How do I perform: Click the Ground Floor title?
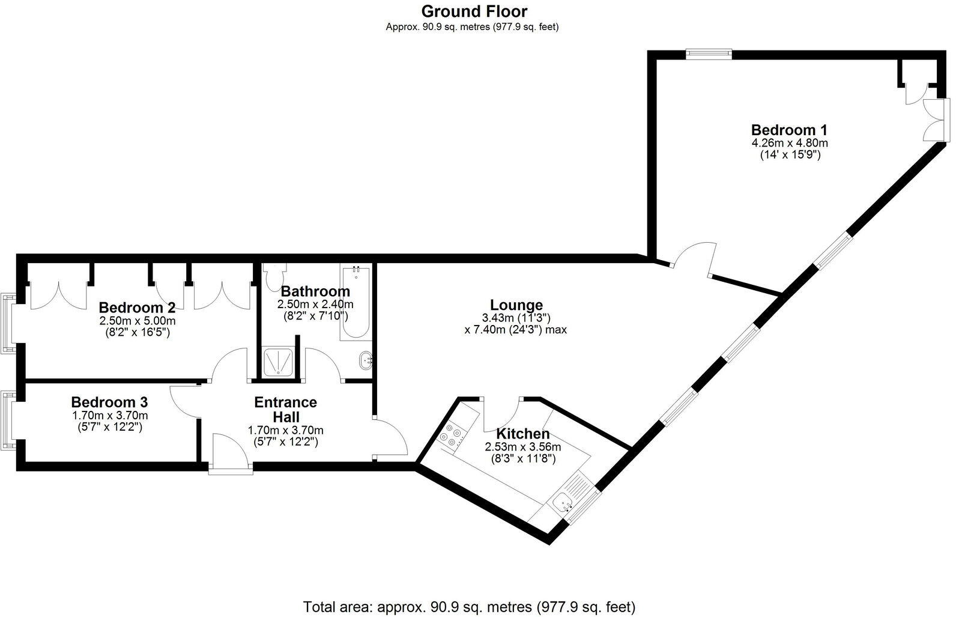click(474, 11)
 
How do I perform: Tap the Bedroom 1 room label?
click(789, 130)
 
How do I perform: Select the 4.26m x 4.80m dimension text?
click(789, 143)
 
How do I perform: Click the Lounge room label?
click(516, 305)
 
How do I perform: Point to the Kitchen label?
click(522, 434)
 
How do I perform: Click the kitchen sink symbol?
click(564, 502)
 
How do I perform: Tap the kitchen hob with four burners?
click(451, 436)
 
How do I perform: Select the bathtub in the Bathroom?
click(355, 303)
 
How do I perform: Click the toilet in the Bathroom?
click(274, 278)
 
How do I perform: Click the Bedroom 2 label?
click(137, 308)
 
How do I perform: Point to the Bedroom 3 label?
click(109, 402)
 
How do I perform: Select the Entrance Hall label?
click(285, 409)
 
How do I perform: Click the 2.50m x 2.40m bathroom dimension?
click(315, 305)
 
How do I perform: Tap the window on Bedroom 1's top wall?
click(709, 54)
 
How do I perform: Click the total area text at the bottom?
click(469, 606)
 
